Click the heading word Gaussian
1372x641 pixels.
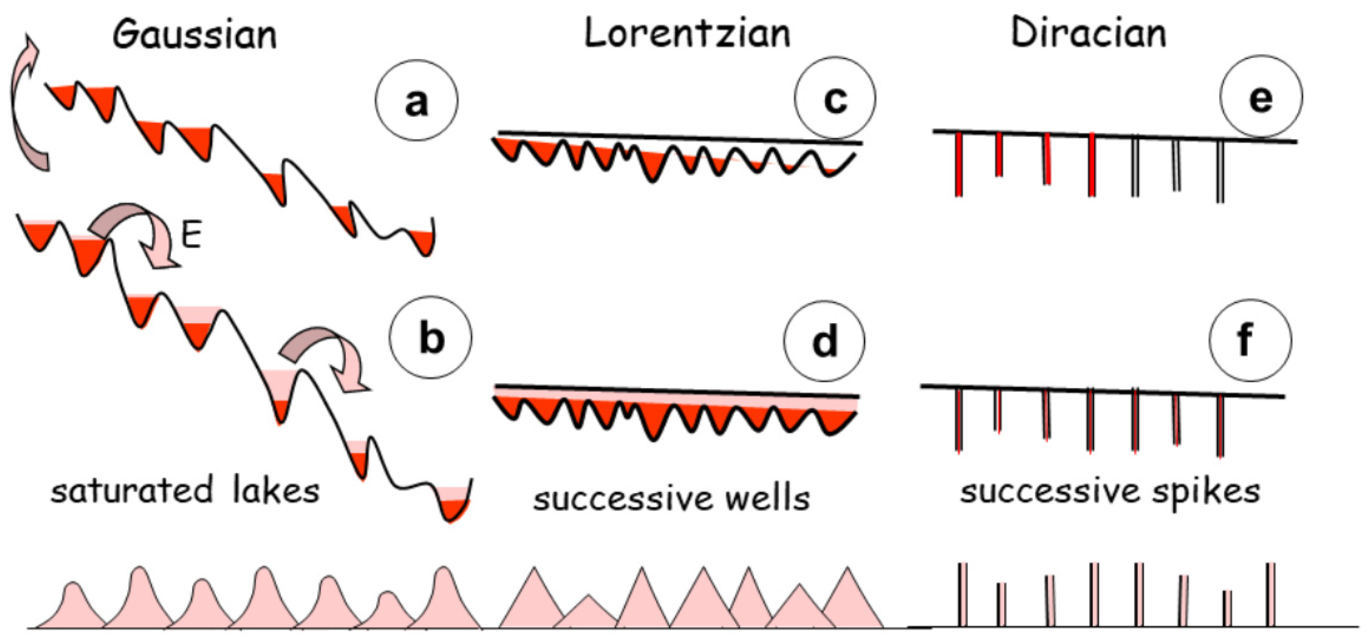click(195, 34)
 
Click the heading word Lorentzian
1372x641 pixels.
click(687, 33)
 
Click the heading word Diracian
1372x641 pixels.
click(1088, 32)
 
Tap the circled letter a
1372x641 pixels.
click(416, 101)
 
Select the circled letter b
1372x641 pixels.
click(431, 337)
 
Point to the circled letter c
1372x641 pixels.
click(835, 98)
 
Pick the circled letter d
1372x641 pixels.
click(824, 341)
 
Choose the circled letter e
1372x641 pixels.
click(1261, 97)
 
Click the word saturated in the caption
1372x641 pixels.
click(132, 491)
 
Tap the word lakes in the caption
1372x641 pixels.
click(276, 490)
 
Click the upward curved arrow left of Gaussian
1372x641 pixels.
click(27, 104)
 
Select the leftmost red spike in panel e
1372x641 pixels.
click(959, 164)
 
